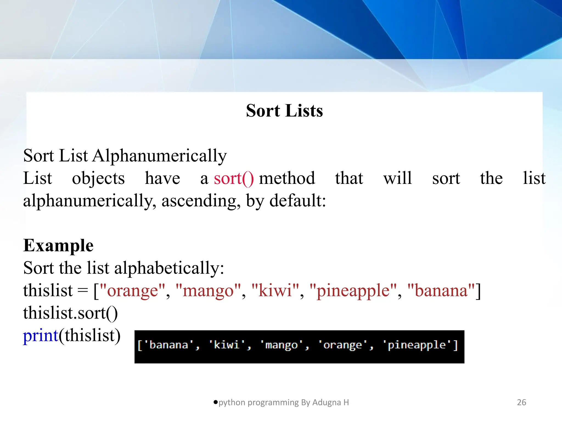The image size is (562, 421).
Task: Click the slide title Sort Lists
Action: (284, 111)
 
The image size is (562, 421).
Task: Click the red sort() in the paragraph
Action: (234, 178)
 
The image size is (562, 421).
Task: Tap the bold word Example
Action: (58, 245)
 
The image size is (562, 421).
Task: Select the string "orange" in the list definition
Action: (133, 291)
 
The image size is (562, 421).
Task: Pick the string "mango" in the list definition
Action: (208, 291)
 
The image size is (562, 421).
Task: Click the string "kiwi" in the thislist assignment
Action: (275, 291)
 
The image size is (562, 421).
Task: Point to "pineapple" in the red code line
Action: (353, 291)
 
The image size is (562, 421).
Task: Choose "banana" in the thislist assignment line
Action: (441, 291)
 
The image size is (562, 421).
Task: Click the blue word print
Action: (41, 336)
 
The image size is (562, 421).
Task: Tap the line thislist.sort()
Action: (70, 313)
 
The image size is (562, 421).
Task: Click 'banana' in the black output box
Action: (168, 345)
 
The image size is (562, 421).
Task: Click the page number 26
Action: (521, 402)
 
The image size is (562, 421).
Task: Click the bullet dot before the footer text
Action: (215, 402)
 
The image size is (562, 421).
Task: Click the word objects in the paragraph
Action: (98, 178)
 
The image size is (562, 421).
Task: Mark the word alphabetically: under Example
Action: (169, 268)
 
